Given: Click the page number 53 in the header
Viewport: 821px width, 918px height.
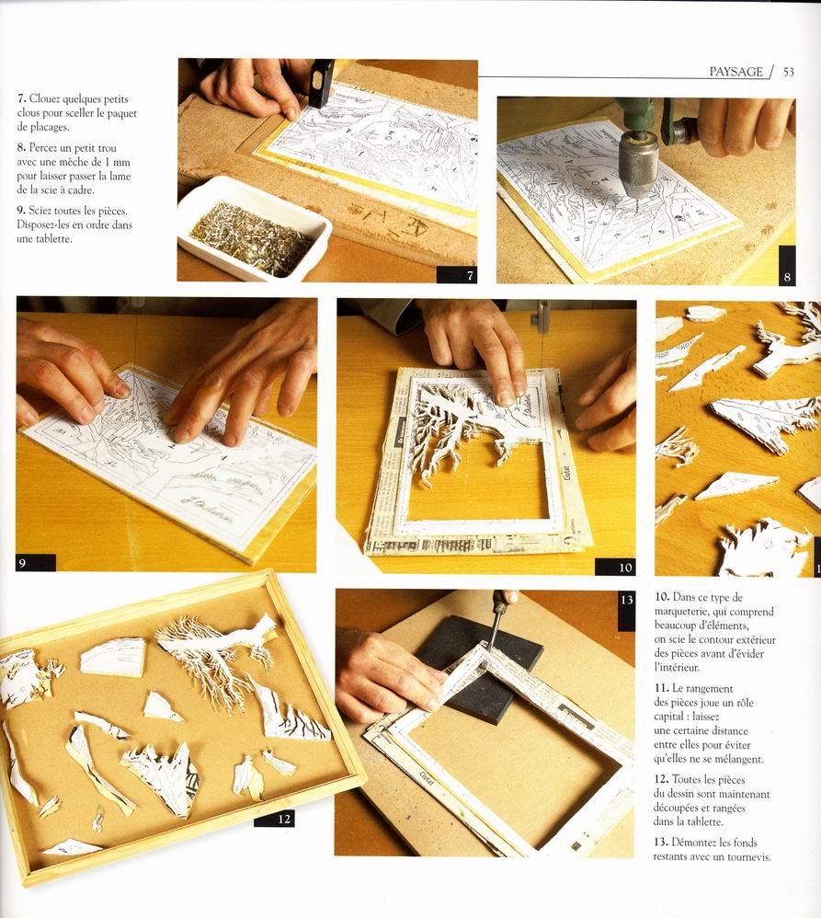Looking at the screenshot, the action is click(x=788, y=72).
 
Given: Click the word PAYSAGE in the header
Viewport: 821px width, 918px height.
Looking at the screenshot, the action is click(x=736, y=72).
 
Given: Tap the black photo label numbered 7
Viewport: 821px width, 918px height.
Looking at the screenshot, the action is click(x=457, y=275).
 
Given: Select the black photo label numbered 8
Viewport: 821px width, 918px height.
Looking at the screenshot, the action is click(x=787, y=265).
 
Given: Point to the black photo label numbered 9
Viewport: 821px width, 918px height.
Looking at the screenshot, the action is click(x=36, y=563).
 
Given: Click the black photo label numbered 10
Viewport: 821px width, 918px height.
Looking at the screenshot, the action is click(x=615, y=567).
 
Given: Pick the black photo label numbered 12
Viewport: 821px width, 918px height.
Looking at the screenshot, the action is click(x=275, y=819).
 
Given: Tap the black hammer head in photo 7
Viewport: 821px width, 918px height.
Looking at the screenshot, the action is click(x=321, y=83).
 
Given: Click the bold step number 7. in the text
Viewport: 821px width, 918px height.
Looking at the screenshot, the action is click(x=22, y=98).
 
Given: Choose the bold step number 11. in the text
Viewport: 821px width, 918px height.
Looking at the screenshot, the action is click(x=661, y=688).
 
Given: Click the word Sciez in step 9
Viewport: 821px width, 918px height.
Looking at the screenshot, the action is click(x=40, y=211).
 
